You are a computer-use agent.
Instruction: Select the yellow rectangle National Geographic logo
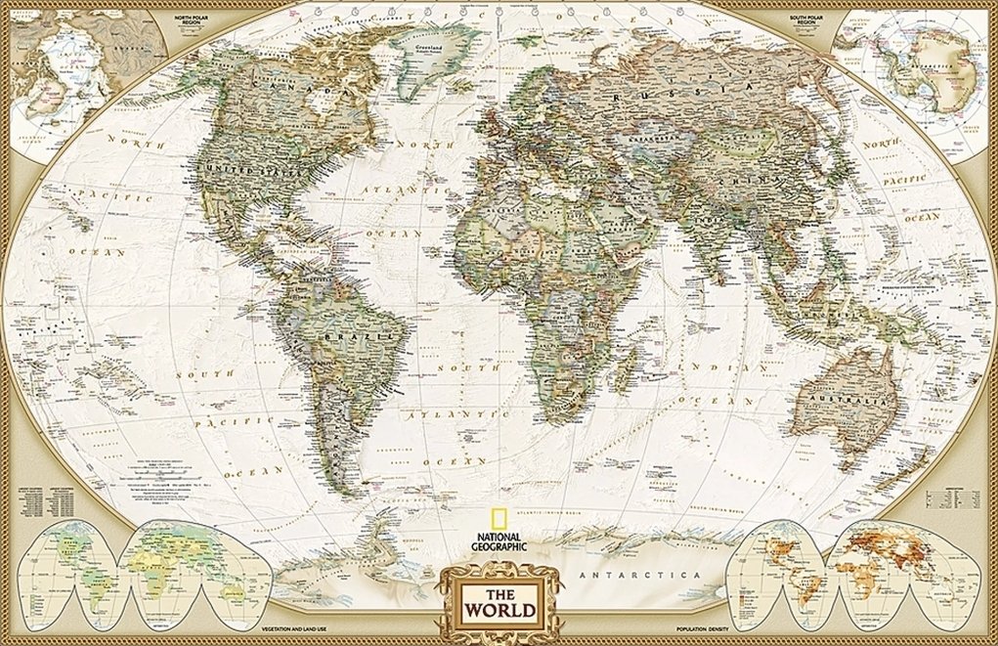(x=499, y=520)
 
